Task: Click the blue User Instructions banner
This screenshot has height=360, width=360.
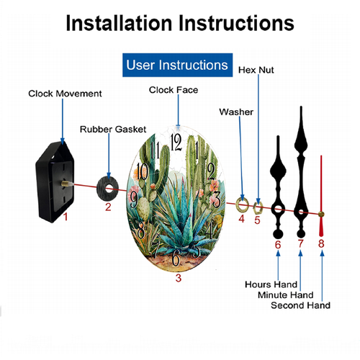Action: [177, 65]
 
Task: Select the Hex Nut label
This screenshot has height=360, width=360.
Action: [256, 70]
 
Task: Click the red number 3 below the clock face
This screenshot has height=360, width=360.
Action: [179, 278]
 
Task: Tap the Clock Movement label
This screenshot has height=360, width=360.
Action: [65, 94]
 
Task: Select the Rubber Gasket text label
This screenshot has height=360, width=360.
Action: [113, 130]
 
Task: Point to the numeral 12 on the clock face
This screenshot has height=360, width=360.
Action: [176, 143]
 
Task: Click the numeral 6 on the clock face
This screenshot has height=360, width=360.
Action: [176, 258]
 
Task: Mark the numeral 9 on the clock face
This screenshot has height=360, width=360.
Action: [134, 199]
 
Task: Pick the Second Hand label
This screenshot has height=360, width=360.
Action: [300, 305]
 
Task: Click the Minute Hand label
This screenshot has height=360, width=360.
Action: [286, 294]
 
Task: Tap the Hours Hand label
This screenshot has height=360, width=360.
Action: [271, 284]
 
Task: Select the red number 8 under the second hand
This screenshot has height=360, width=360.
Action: [321, 243]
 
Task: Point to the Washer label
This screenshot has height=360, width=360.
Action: [236, 112]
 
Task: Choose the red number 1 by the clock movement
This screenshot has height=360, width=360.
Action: [66, 217]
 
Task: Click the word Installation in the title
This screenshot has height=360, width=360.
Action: [119, 23]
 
